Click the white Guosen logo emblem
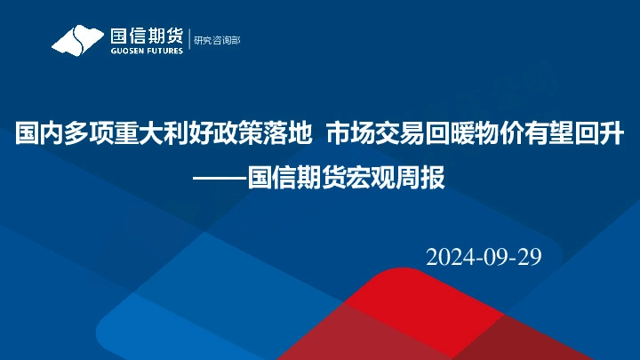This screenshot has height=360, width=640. (78, 41)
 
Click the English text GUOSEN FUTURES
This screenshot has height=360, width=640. (146, 51)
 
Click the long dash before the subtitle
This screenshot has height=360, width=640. (220, 176)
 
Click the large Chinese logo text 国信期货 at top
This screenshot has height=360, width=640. (146, 36)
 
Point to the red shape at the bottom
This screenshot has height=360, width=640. (427, 320)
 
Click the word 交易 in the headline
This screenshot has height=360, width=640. (396, 135)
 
